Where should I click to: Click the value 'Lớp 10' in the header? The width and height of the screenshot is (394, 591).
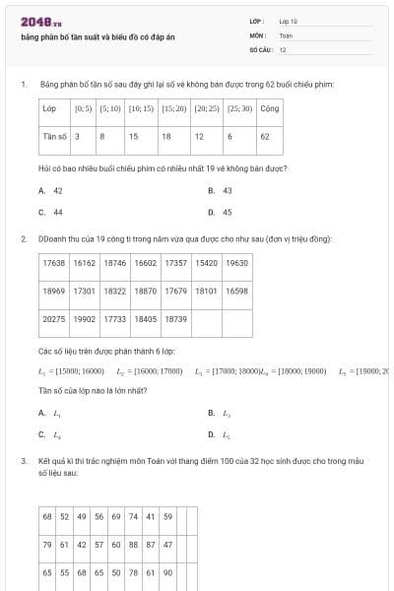[x=288, y=20]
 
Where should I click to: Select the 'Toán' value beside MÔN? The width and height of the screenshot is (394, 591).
[x=286, y=34]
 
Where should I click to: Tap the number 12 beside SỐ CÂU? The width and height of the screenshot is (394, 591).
[x=283, y=48]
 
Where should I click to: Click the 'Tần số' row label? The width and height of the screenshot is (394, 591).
[x=53, y=136]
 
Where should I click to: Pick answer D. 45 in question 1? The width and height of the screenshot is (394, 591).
[x=221, y=212]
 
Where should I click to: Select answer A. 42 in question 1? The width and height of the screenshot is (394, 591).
[x=51, y=190]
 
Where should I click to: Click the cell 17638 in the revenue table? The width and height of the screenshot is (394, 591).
[x=54, y=263]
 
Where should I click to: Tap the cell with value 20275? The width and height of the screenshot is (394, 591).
[x=54, y=319]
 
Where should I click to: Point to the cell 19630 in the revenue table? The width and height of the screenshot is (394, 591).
[x=236, y=263]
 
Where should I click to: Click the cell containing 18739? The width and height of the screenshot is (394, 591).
[x=175, y=319]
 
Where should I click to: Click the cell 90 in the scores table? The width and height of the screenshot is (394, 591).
[x=168, y=571]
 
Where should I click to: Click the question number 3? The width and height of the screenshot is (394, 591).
[x=23, y=460]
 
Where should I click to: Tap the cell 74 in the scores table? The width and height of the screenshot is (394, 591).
[x=133, y=516]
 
